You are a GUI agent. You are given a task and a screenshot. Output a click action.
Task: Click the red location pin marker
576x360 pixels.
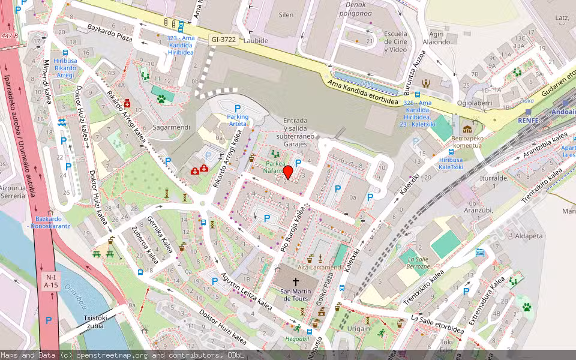tap(288, 173)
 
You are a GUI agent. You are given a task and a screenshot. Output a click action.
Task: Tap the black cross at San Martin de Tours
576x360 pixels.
tap(295, 281)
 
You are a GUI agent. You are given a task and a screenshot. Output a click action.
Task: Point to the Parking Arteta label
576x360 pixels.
tap(238, 120)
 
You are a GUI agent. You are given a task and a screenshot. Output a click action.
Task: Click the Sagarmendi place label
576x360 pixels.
tap(171, 127)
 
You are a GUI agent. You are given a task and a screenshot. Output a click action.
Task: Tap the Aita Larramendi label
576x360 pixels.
tap(319, 267)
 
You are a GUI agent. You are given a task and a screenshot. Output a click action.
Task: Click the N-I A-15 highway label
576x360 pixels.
tap(50, 281)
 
